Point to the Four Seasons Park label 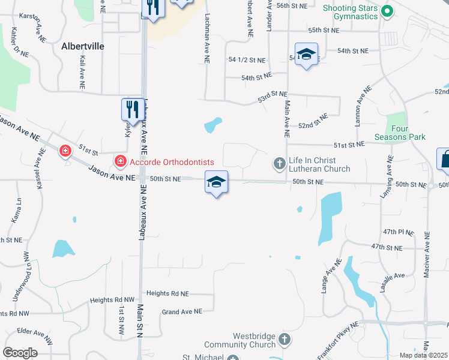click(408, 133)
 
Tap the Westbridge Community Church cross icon click(285, 340)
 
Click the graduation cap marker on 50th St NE click(216, 182)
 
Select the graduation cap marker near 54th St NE click(306, 55)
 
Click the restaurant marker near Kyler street click(133, 109)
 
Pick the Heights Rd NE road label click(167, 294)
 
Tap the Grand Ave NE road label click(182, 311)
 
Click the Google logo click(20, 353)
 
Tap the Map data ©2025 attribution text click(423, 355)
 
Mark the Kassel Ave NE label click(39, 173)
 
